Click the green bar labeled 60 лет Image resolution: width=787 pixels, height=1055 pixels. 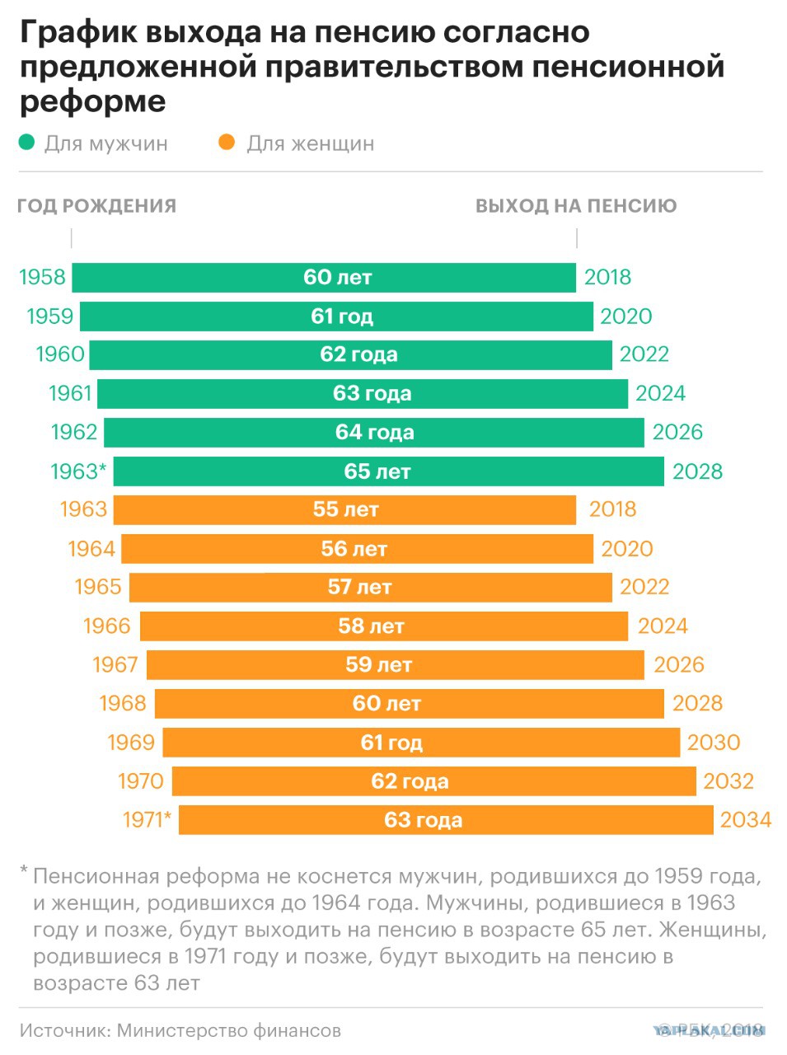324,277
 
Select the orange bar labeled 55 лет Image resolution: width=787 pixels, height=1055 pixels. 344,509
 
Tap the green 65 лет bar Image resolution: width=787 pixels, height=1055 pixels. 389,471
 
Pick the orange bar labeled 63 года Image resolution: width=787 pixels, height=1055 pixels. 446,820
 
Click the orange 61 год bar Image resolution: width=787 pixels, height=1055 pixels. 421,743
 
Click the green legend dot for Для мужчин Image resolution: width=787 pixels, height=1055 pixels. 26,143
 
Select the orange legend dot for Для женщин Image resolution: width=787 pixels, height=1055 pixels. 227,143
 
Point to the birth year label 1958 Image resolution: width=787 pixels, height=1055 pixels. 42,277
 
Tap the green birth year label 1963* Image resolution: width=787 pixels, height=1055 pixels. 78,471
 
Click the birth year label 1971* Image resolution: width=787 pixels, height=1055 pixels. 147,820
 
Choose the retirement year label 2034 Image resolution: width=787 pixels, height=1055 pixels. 746,820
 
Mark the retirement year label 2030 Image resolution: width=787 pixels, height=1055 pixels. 714,743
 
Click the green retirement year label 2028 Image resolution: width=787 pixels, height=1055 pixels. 697,471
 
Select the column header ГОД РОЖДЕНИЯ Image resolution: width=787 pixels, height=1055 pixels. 97,206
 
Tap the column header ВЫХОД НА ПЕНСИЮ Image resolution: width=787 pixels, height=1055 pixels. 576,206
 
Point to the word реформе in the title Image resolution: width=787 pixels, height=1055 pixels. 93,102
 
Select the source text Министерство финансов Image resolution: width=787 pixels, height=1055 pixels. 229,1030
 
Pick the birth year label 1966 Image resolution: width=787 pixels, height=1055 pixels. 107,626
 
